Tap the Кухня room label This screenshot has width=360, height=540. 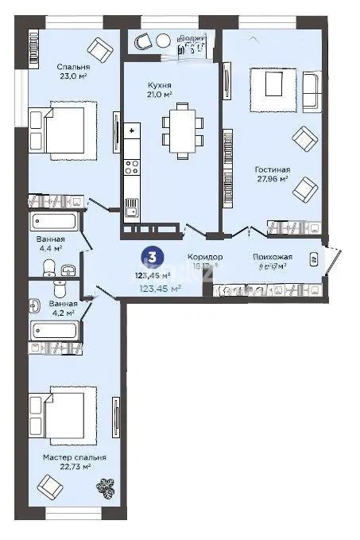point(161,84)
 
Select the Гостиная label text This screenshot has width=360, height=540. point(272,169)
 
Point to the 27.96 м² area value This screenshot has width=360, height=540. point(272,181)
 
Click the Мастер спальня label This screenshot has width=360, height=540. point(75,458)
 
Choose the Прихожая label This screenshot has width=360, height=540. point(273,257)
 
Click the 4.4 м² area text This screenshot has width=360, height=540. point(50,249)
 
